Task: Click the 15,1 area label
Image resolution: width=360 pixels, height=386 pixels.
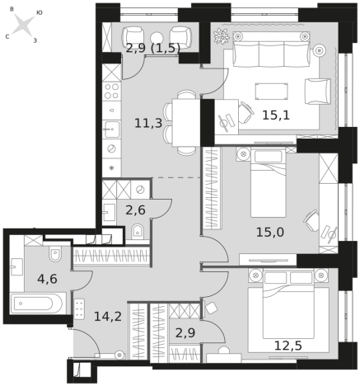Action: coord(276,115)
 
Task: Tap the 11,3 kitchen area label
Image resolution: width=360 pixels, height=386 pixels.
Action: coord(148,123)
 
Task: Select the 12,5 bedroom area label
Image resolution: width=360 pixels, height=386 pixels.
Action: coord(288,346)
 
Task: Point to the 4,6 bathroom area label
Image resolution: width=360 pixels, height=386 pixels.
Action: coord(48,279)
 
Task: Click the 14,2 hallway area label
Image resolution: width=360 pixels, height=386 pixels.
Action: coord(108,316)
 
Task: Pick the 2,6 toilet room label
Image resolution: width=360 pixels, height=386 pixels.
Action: coord(136,210)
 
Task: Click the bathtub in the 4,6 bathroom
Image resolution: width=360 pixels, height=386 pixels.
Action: coord(38,304)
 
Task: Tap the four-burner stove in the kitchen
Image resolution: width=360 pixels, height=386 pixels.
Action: coord(111,92)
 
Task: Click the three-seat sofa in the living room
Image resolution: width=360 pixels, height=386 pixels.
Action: coord(271,49)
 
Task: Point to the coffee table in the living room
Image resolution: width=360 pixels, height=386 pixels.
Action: coord(272,92)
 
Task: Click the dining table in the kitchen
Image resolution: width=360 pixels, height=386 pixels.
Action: coord(186,123)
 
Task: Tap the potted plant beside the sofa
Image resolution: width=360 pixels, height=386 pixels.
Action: coord(222,35)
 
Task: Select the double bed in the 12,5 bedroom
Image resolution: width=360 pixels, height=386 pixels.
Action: coord(288,310)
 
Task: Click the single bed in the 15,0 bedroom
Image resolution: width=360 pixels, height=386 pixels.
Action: coord(269,183)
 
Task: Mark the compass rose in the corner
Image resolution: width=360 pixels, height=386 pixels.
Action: coord(24,26)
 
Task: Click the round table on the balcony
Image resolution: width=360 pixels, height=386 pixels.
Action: coord(157,38)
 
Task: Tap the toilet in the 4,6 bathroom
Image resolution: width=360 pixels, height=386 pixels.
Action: coord(55,253)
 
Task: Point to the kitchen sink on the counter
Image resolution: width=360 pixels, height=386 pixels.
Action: coord(111,129)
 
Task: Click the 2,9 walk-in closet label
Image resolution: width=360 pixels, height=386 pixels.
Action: coord(185,333)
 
